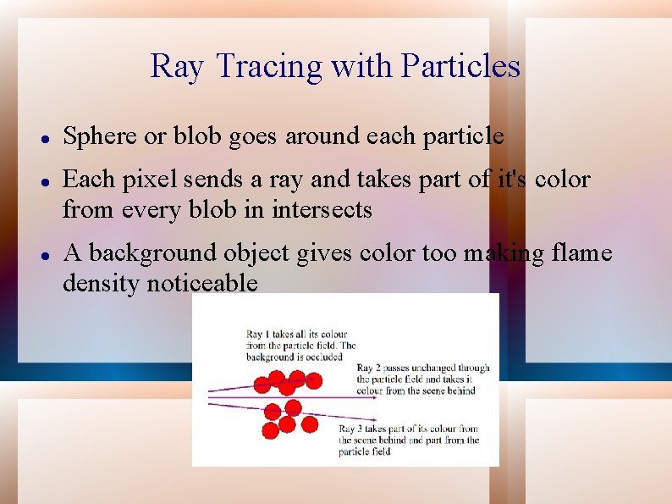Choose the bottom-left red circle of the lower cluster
pos(270,431)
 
